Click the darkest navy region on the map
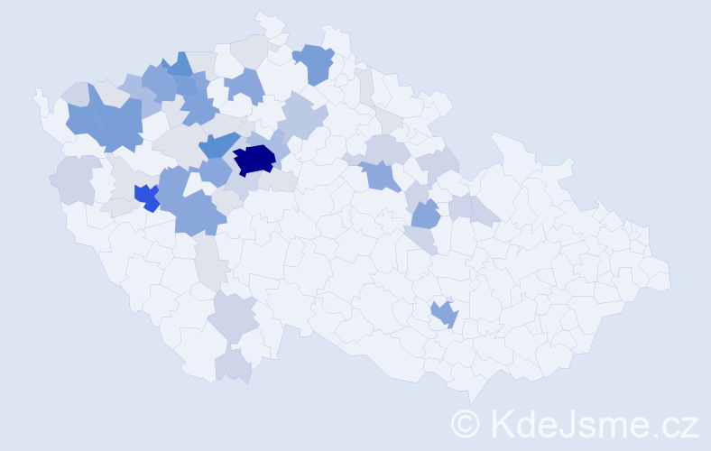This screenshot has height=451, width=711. (x=254, y=160)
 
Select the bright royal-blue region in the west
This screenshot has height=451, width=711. (x=145, y=197)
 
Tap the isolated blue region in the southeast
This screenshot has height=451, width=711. (x=445, y=314)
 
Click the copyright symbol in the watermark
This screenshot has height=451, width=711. (x=466, y=422)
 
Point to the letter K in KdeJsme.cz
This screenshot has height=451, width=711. (x=501, y=422)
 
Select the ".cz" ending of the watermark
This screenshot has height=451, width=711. (x=677, y=424)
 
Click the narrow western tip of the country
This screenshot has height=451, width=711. (x=38, y=95)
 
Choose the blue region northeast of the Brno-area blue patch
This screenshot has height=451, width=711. (x=425, y=215)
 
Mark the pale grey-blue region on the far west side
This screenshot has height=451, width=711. (x=75, y=179)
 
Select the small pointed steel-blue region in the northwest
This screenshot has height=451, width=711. (x=180, y=65)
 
